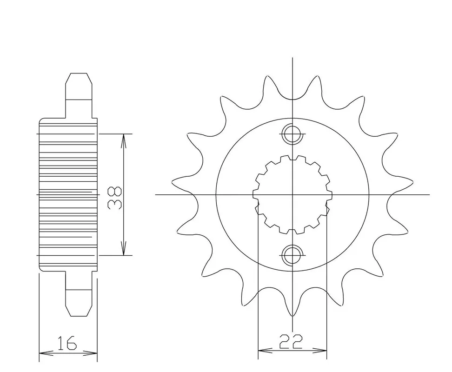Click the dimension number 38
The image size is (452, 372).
115,197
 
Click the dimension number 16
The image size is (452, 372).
66,342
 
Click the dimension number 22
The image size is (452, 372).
291,341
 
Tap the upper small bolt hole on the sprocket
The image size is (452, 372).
292,134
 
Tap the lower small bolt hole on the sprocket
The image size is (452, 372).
292,255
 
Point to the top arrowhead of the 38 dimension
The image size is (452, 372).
123,140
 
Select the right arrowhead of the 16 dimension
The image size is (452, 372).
91,353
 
